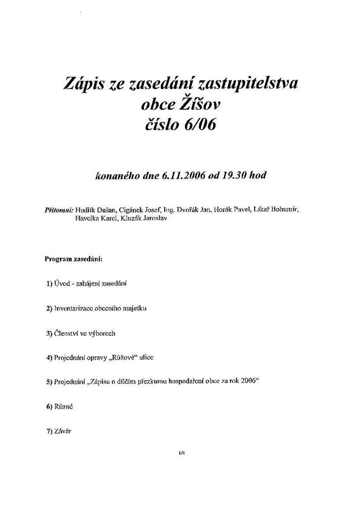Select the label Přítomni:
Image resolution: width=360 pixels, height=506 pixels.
coord(59,210)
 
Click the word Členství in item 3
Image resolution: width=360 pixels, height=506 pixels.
coord(67,334)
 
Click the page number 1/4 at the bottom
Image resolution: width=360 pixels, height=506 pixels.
coord(181,452)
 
